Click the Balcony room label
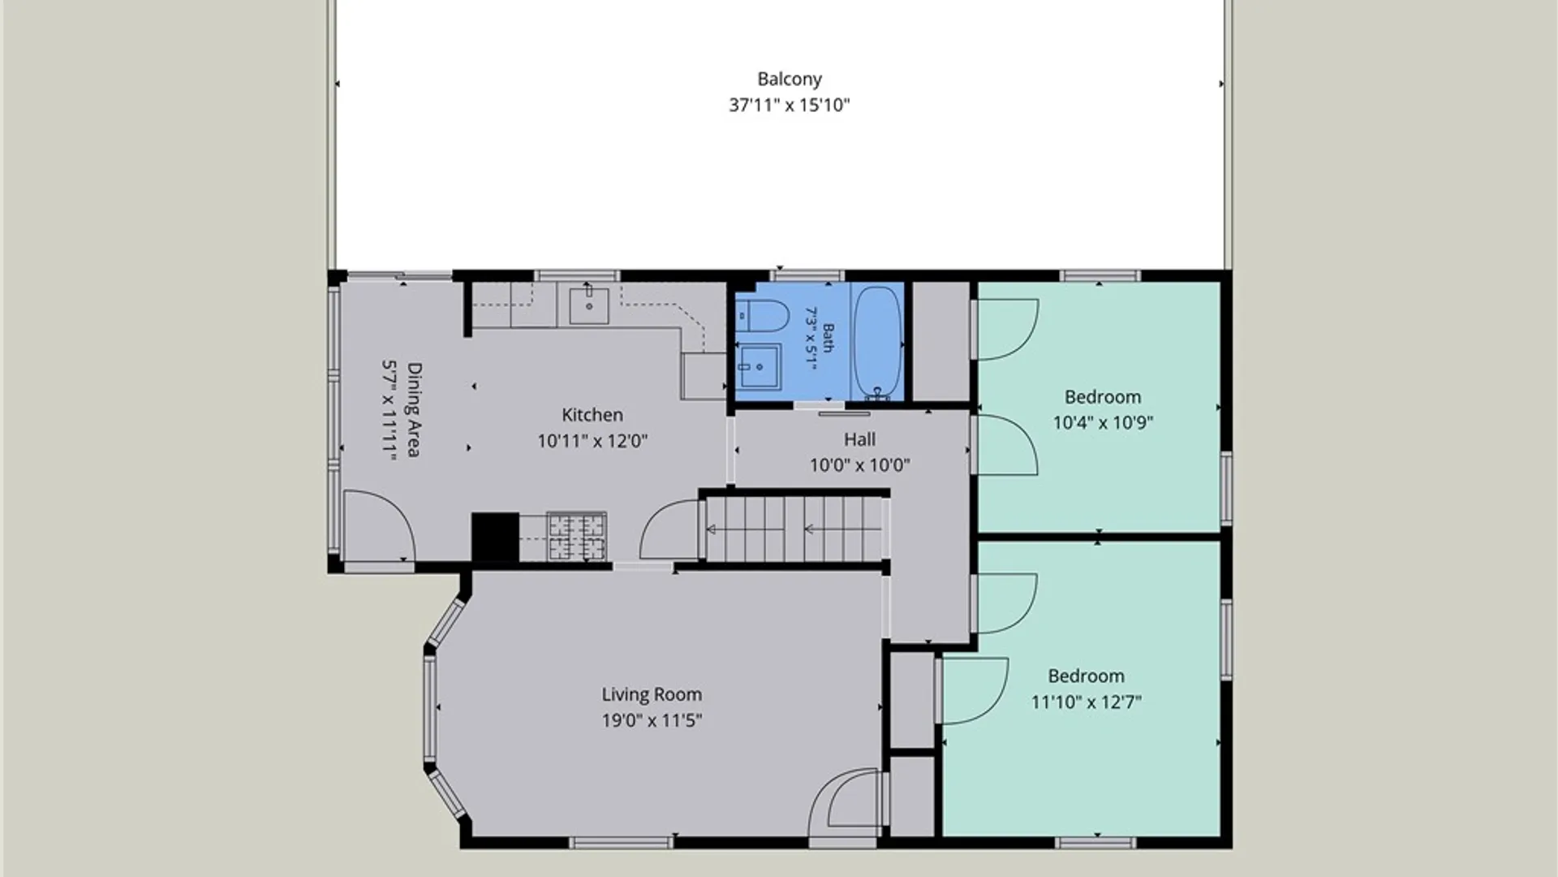(790, 80)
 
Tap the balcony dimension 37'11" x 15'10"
(790, 105)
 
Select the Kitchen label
(592, 415)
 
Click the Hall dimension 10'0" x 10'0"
(859, 465)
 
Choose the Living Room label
(652, 694)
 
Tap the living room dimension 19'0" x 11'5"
(652, 720)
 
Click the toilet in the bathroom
(762, 316)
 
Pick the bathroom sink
(760, 367)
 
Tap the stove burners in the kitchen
(577, 536)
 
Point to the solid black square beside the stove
(495, 537)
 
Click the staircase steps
(793, 529)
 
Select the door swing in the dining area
(379, 525)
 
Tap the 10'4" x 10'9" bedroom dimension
(1103, 422)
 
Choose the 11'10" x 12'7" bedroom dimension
(1086, 702)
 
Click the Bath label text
(828, 338)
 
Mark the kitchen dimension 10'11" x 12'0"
(592, 441)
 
